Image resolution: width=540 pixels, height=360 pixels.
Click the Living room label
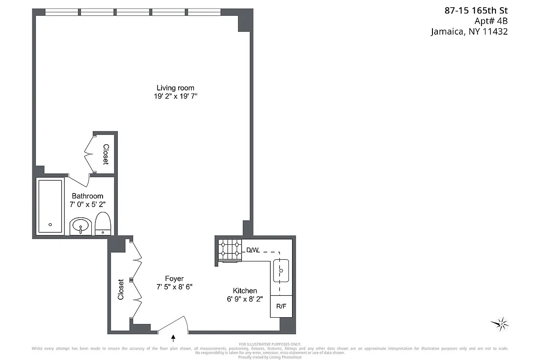[175, 88]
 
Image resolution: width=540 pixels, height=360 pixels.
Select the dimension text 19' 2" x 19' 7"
[175, 96]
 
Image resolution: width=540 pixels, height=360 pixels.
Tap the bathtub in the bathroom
[50, 207]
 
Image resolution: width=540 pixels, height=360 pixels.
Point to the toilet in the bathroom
[103, 224]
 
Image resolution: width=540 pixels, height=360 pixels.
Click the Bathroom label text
[87, 196]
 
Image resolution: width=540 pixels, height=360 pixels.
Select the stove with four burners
[230, 250]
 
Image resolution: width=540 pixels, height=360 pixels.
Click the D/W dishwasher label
[252, 250]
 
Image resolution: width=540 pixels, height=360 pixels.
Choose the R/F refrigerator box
[281, 306]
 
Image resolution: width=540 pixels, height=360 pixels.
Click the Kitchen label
[244, 291]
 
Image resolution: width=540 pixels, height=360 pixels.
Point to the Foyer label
[174, 279]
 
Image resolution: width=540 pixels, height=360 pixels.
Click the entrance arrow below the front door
[173, 337]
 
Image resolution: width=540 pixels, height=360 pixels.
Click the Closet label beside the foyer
[121, 290]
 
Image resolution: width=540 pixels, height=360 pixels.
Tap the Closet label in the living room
[106, 154]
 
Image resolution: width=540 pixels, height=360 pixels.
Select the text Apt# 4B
[491, 21]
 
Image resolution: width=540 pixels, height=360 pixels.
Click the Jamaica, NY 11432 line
[469, 31]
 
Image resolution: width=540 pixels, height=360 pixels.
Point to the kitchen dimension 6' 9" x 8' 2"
[244, 299]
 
